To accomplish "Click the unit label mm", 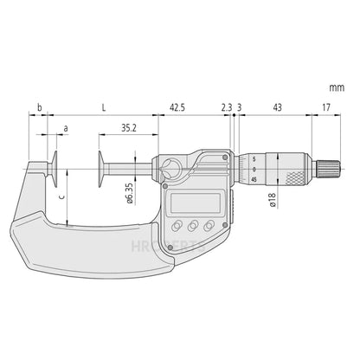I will click(x=337, y=87).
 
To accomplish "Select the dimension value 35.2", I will click(x=129, y=126).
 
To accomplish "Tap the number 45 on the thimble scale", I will click(x=254, y=179).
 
